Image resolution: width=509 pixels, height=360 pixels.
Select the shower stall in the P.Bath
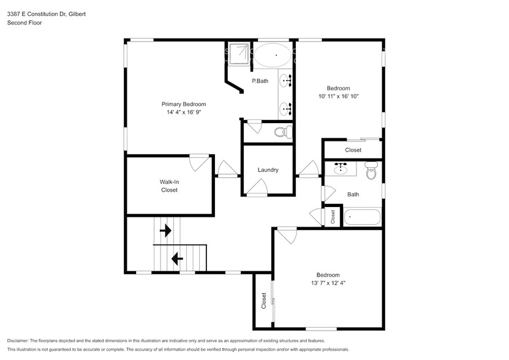[x=237, y=53]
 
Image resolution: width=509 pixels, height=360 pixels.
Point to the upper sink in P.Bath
[x=286, y=80]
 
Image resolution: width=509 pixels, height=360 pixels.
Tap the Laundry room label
[x=268, y=170]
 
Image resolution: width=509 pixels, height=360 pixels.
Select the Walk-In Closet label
[x=169, y=186]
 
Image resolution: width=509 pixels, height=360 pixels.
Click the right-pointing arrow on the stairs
[x=165, y=231]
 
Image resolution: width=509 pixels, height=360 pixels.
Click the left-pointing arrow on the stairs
[x=177, y=259]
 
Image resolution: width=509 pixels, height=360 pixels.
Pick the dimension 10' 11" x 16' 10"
[x=338, y=96]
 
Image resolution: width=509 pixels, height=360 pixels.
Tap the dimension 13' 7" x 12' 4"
[x=328, y=283]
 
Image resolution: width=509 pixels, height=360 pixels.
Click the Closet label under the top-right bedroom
[x=353, y=150]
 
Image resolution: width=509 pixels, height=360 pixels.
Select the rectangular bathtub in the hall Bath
[x=362, y=216]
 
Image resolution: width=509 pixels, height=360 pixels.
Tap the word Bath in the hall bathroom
[x=353, y=195]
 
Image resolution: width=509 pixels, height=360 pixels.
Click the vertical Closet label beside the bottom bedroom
[x=264, y=301]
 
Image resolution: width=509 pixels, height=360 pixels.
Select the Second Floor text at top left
[x=24, y=23]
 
